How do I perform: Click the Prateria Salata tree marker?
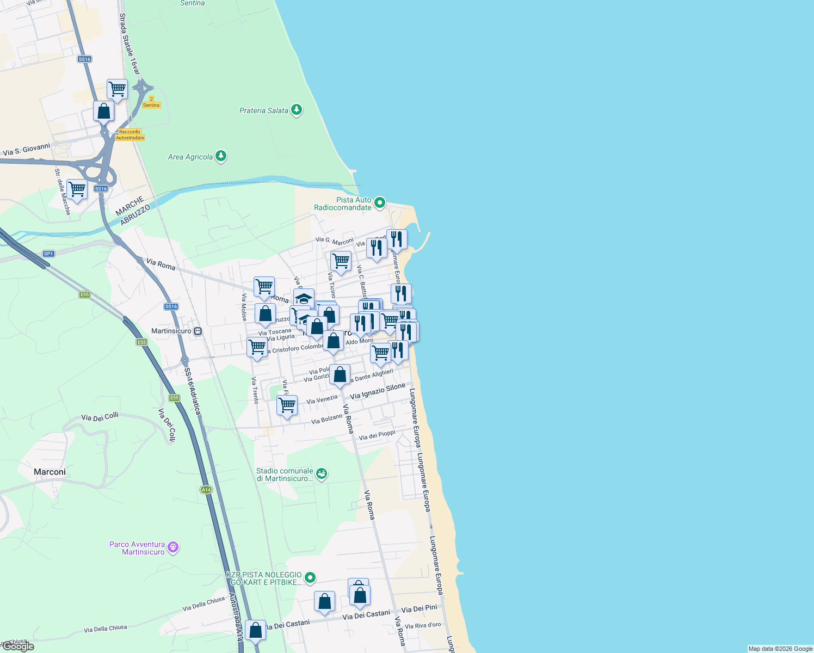296,110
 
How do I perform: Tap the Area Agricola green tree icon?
220,157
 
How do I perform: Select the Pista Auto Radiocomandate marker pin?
380,204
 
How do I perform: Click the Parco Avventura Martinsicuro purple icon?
173,547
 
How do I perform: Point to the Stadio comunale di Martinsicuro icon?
322,474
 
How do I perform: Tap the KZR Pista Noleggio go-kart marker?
310,577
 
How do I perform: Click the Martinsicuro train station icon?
198,331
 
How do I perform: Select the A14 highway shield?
206,490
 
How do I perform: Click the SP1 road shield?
48,254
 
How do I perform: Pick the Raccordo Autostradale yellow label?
129,134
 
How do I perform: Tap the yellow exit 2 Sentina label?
151,102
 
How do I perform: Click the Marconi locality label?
50,472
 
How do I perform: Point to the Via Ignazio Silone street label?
378,391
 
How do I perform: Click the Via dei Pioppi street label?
377,435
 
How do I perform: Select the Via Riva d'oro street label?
423,626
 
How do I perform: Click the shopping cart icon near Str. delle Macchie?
77,189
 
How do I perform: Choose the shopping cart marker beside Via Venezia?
287,405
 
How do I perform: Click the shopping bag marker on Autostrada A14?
255,630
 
